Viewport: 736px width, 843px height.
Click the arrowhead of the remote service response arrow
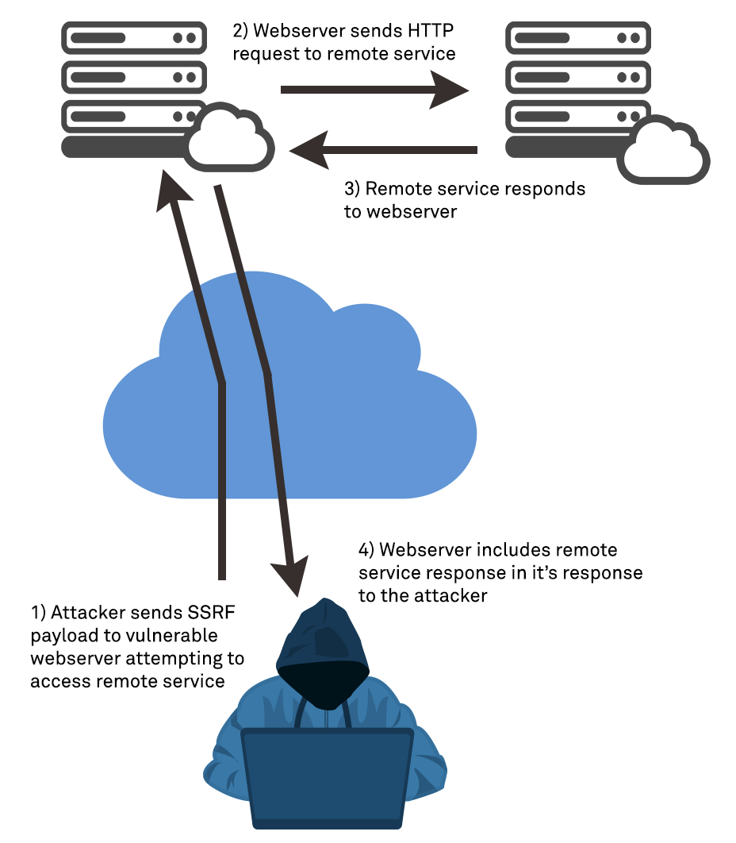(x=311, y=149)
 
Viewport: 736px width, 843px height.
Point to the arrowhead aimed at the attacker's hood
(x=290, y=576)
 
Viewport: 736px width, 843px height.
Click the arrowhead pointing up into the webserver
(x=176, y=191)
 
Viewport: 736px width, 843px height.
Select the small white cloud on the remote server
(x=664, y=152)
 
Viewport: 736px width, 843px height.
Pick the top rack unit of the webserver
(x=130, y=37)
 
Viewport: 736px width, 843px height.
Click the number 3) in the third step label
(x=353, y=190)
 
